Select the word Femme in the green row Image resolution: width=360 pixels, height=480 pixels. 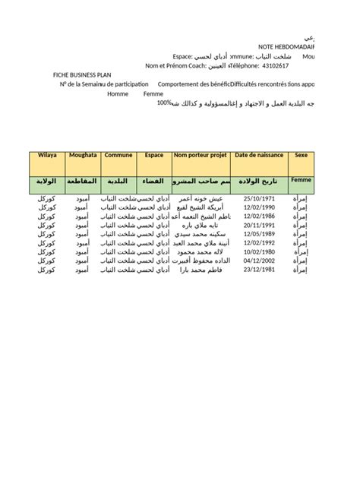coord(301,181)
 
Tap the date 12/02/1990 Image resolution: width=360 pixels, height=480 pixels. coord(257,207)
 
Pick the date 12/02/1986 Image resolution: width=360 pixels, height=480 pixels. coord(257,216)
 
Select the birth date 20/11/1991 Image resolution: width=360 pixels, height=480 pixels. coord(257,225)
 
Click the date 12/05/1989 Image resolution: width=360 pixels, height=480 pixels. coord(257,234)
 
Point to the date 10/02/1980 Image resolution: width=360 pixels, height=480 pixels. coord(257,251)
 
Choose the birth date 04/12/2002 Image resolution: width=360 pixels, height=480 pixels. coord(257,261)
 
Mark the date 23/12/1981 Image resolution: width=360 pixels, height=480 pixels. coord(257,270)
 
